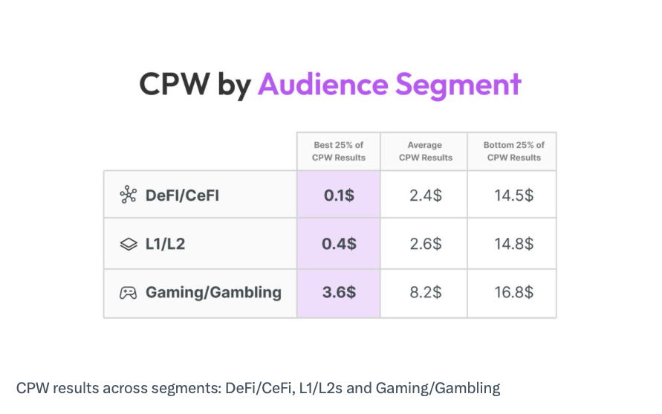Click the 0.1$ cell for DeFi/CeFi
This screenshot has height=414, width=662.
pyautogui.click(x=339, y=195)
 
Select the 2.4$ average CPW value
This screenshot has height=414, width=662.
pyautogui.click(x=425, y=195)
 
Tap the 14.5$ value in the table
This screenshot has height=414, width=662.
pyautogui.click(x=513, y=195)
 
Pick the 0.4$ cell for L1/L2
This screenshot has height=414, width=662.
pyautogui.click(x=339, y=243)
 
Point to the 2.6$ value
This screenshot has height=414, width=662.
pyautogui.click(x=425, y=243)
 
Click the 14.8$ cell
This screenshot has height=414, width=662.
pyautogui.click(x=513, y=243)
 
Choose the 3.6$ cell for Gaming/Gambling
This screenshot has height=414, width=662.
pyautogui.click(x=339, y=292)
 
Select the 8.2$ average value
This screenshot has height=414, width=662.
pyautogui.click(x=425, y=292)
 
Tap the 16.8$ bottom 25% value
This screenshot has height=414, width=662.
pyautogui.click(x=513, y=292)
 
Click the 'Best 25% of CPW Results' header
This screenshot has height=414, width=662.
pyautogui.click(x=339, y=151)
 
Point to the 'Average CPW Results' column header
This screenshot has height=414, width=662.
pyautogui.click(x=425, y=151)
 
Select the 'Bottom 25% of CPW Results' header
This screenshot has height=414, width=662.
pyautogui.click(x=513, y=151)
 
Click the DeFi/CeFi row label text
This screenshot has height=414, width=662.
pyautogui.click(x=182, y=195)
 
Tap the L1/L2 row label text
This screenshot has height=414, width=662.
pyautogui.click(x=165, y=243)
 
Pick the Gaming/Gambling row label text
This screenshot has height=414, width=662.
pyautogui.click(x=213, y=292)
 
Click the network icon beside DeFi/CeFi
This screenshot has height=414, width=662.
pyautogui.click(x=129, y=195)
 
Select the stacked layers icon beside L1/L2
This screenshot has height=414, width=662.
pyautogui.click(x=129, y=243)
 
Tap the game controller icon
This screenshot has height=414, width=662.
pyautogui.click(x=129, y=292)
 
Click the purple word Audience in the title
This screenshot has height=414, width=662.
pyautogui.click(x=322, y=84)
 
